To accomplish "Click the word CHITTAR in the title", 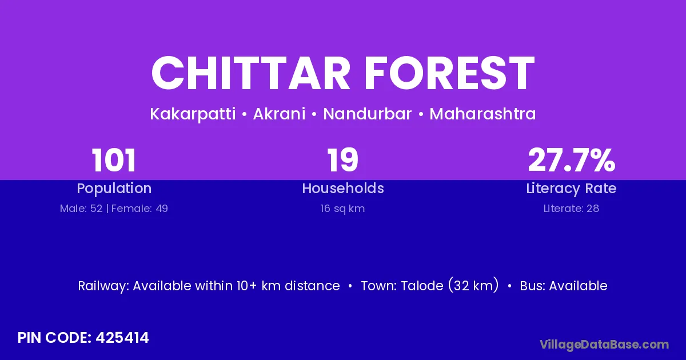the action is click(251, 73).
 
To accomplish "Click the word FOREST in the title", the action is click(449, 73).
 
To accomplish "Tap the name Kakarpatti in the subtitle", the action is click(193, 114).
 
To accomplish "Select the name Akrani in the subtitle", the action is click(280, 114).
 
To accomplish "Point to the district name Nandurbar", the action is click(368, 114).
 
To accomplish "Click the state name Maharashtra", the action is click(482, 114).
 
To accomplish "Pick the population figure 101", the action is click(114, 160).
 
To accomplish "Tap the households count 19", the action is click(342, 160).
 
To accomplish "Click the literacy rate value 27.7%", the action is click(572, 160).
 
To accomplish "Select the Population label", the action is click(114, 189).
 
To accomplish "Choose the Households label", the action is click(343, 188).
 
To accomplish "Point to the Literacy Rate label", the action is click(572, 189).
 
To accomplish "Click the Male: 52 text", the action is click(81, 209).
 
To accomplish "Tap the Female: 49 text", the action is click(139, 209).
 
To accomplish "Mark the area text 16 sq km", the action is click(342, 209).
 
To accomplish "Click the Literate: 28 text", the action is click(572, 209).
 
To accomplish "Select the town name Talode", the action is click(422, 286).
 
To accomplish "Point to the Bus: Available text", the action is click(564, 286).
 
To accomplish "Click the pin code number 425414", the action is click(122, 338).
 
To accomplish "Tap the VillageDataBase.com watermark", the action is click(604, 345).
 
